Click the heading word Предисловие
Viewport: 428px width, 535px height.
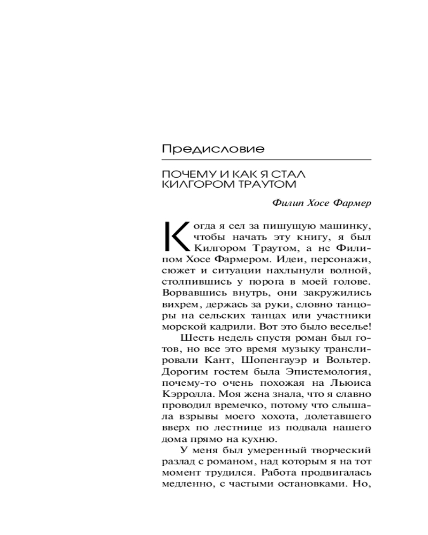click(x=213, y=149)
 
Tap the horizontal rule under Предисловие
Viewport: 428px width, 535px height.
click(x=266, y=159)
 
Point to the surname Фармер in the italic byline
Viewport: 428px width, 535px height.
click(x=350, y=204)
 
